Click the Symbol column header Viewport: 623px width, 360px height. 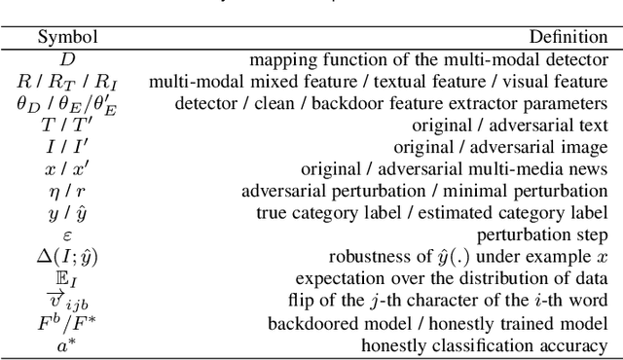(x=68, y=38)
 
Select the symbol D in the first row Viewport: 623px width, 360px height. (x=68, y=60)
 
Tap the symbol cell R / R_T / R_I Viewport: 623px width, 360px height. (x=68, y=82)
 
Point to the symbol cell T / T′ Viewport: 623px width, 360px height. (x=68, y=125)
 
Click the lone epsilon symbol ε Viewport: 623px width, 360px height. (x=68, y=234)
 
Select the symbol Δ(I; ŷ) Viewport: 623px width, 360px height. (x=68, y=257)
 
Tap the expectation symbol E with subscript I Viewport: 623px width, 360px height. (x=68, y=279)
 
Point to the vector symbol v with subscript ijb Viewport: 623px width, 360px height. (x=68, y=302)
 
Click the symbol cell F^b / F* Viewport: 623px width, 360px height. (x=68, y=322)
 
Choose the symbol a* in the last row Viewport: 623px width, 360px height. (x=68, y=344)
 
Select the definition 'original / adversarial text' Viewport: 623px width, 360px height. (x=514, y=125)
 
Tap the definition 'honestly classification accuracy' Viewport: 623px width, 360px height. (x=484, y=344)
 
